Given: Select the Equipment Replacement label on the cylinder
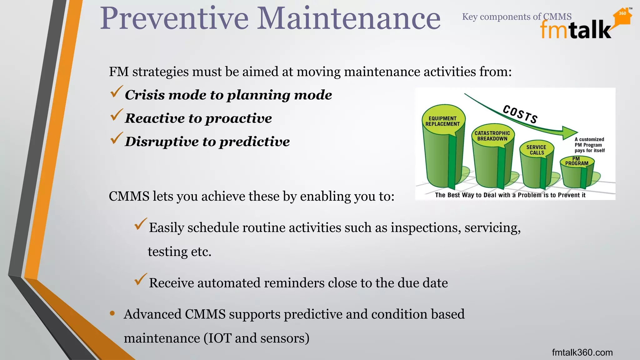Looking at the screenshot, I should tap(442, 121).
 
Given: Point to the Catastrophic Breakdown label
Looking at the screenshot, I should tap(492, 136).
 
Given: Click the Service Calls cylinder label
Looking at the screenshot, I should tap(536, 150).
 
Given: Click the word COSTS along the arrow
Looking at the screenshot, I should tap(520, 114).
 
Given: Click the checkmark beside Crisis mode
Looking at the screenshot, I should tap(116, 92).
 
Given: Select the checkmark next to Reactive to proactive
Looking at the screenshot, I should tap(116, 115).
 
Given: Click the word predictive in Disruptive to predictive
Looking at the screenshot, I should tap(254, 142).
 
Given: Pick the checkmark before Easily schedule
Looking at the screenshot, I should tap(140, 224).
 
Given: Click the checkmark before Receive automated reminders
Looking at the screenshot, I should tap(140, 279).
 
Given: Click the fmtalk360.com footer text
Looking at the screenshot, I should tap(582, 352).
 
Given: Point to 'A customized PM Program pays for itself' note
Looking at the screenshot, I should tap(589, 145).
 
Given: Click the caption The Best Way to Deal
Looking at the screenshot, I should tap(510, 195).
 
